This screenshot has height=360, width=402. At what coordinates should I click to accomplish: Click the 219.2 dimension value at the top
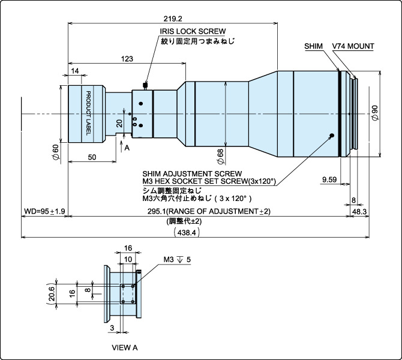pyautogui.click(x=173, y=18)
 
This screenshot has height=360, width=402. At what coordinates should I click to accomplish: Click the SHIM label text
pyautogui.click(x=313, y=46)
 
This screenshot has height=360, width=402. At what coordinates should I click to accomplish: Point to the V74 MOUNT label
pyautogui.click(x=353, y=46)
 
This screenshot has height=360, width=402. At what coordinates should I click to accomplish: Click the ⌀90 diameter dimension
pyautogui.click(x=374, y=112)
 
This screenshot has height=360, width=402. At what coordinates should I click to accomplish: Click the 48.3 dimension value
pyautogui.click(x=359, y=211)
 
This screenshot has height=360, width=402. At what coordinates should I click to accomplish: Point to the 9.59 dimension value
pyautogui.click(x=329, y=179)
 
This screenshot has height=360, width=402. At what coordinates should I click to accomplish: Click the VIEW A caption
pyautogui.click(x=125, y=347)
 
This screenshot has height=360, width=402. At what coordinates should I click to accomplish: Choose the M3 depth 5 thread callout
pyautogui.click(x=176, y=260)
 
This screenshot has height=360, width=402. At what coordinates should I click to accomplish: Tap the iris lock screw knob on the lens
pyautogui.click(x=145, y=84)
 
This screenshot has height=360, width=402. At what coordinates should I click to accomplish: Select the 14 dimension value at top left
pyautogui.click(x=74, y=71)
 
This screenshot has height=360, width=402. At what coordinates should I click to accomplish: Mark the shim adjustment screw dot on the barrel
pyautogui.click(x=331, y=135)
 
